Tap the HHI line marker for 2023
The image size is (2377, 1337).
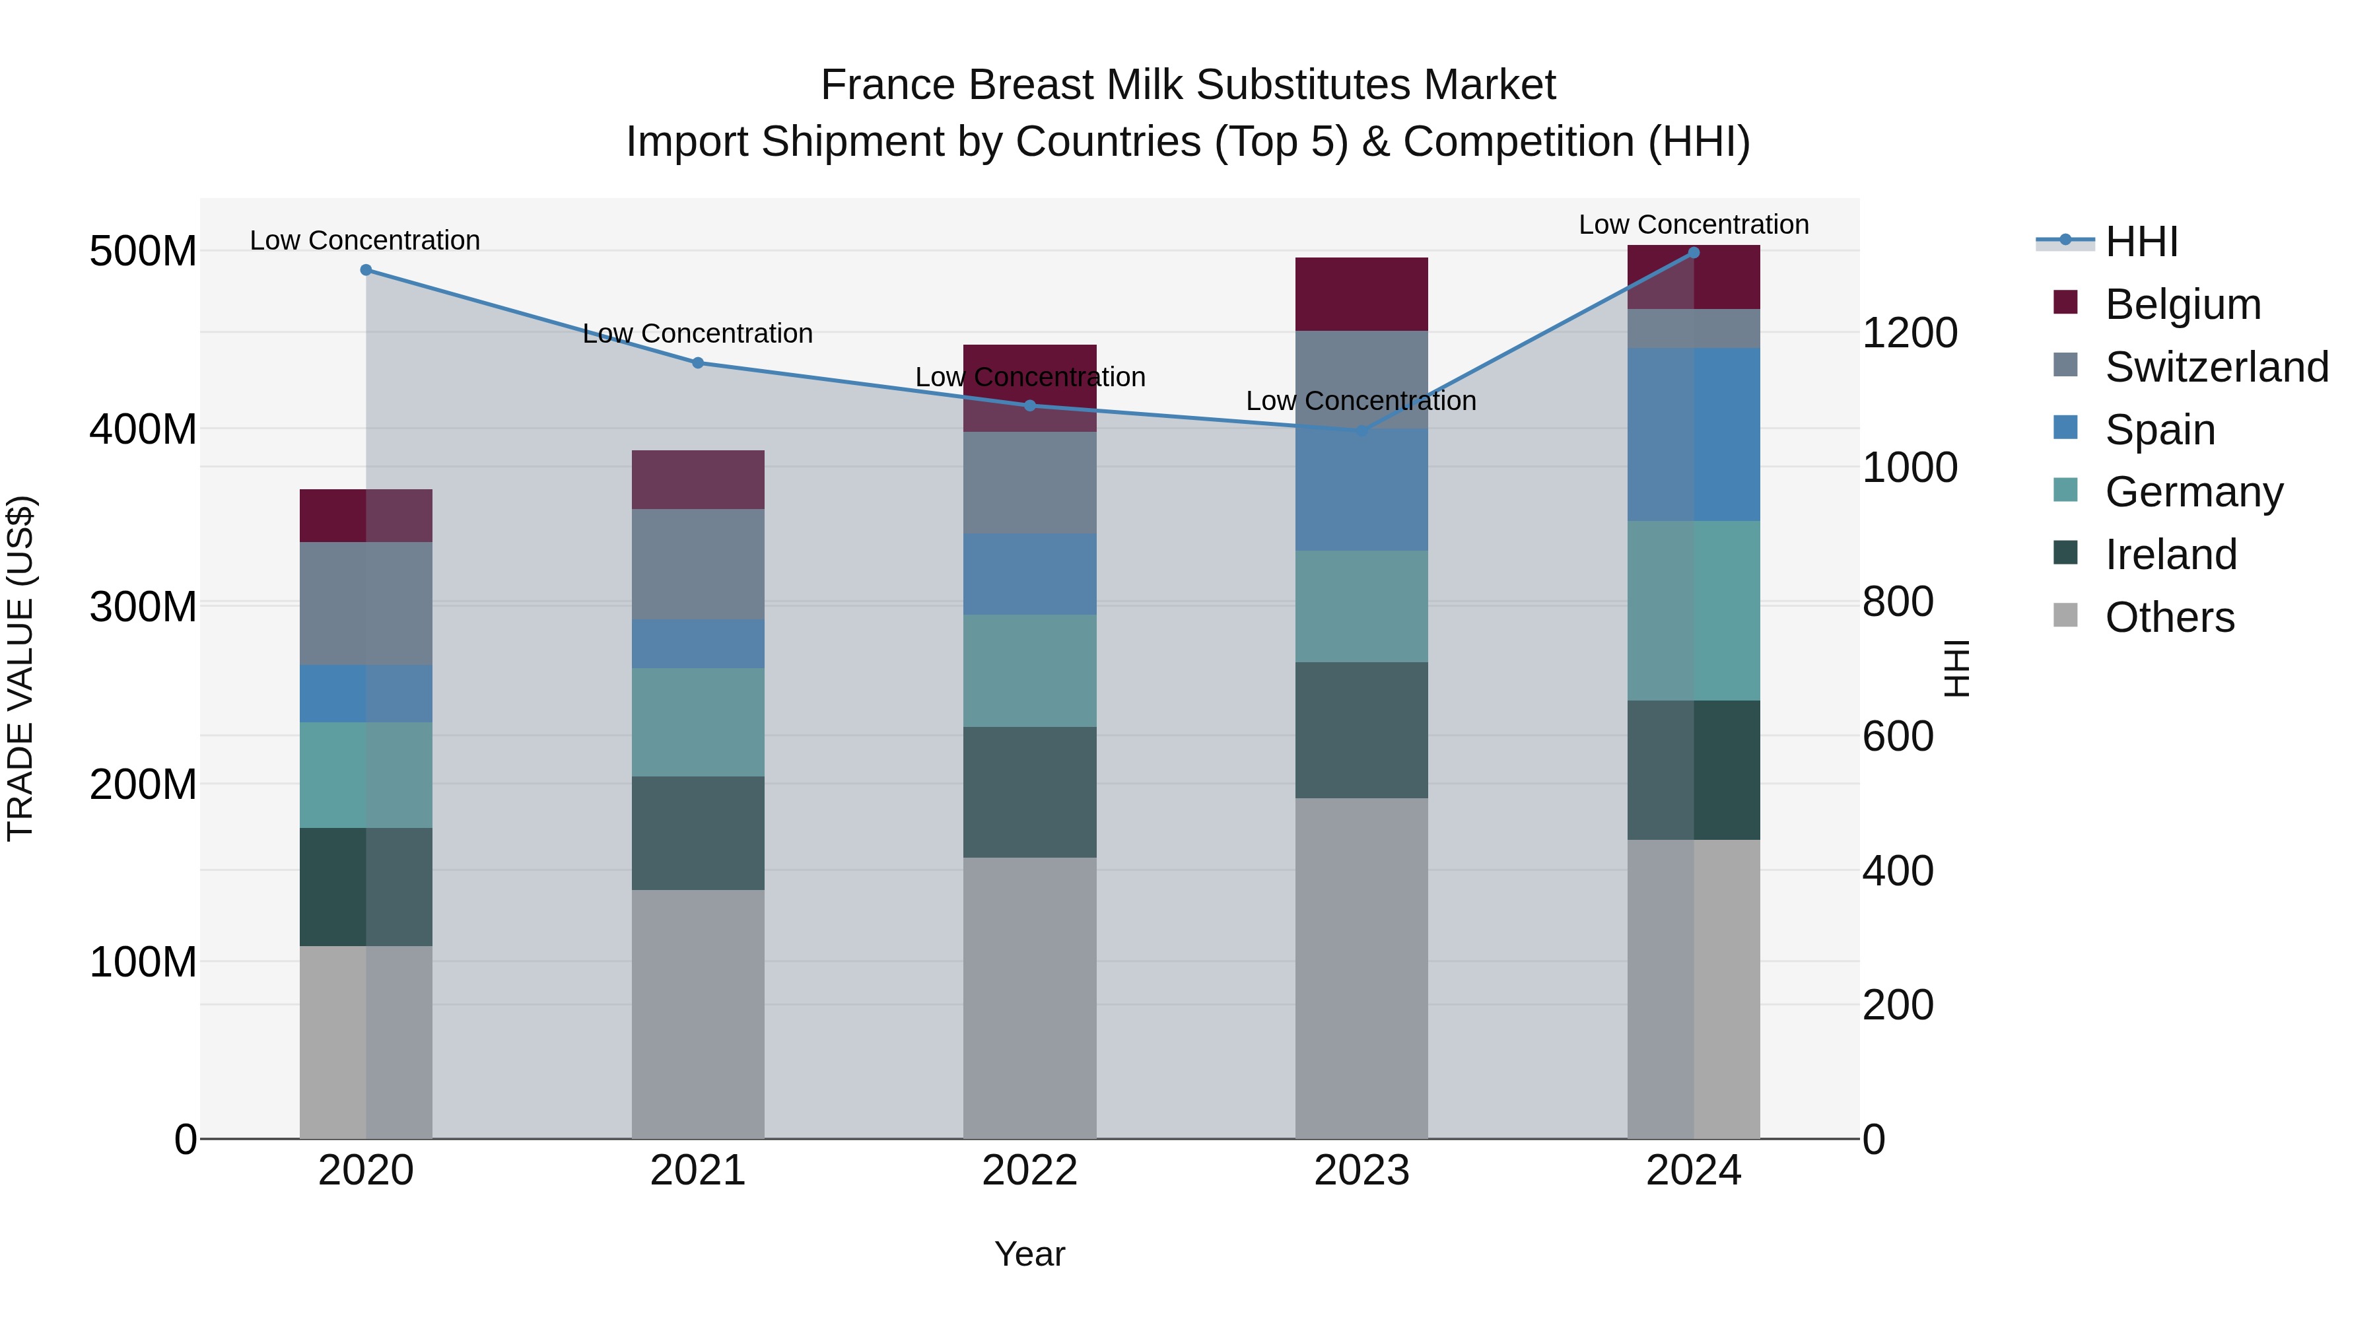pos(1362,431)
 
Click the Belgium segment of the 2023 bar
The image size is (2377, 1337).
pos(1362,294)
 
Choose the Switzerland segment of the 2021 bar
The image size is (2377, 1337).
pos(698,564)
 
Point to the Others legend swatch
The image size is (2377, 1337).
pos(2065,615)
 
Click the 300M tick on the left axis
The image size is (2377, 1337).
pos(143,607)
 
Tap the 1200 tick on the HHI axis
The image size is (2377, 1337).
pos(1909,333)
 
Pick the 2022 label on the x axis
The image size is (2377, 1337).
pos(1030,1171)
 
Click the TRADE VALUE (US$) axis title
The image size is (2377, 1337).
pos(20,668)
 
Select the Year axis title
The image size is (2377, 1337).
pos(1030,1254)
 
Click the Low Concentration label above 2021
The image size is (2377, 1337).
pos(698,333)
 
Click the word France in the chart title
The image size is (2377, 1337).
pos(887,85)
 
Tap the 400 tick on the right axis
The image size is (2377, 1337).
pos(1897,871)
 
